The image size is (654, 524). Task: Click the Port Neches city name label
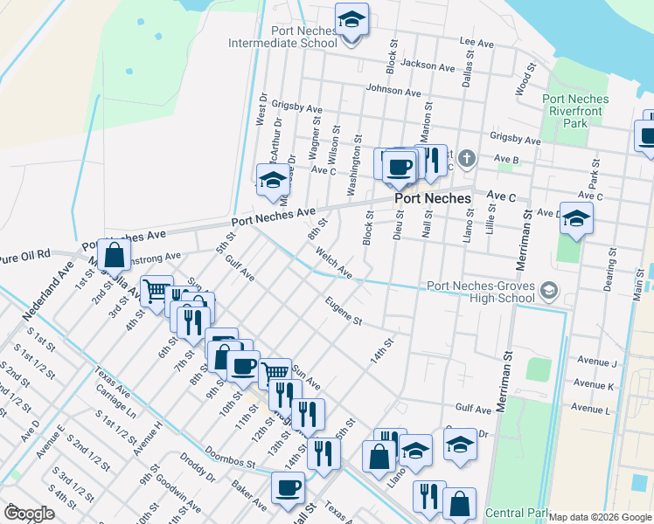[x=432, y=199]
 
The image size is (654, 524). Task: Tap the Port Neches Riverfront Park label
[x=576, y=111]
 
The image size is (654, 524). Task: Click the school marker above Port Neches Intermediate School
[x=351, y=20]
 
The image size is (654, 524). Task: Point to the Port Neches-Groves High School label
[x=480, y=292]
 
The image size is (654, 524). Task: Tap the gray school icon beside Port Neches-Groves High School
[x=548, y=290]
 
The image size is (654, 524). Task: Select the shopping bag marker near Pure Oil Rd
[x=114, y=255]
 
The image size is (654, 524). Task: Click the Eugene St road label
[x=343, y=313]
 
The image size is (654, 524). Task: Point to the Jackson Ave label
[x=428, y=65]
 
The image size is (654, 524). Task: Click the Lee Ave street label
[x=477, y=42]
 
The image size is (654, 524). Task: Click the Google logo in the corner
[x=29, y=514]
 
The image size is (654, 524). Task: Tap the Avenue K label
[x=594, y=384]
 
